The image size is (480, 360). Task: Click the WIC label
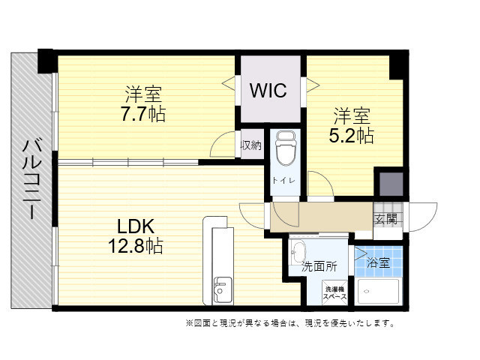[x=268, y=90]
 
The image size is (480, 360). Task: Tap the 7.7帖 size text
[x=143, y=114]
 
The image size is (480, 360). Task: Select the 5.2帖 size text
[x=352, y=136]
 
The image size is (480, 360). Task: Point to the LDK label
[x=136, y=226]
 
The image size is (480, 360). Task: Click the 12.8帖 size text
[x=136, y=246]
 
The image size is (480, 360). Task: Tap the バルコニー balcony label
[x=31, y=178]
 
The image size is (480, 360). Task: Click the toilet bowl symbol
[x=286, y=148]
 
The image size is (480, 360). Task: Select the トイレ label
[x=283, y=180]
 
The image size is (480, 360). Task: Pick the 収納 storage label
[x=252, y=145]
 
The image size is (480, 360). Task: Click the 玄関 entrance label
[x=386, y=219]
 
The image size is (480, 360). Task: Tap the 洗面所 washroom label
[x=319, y=267]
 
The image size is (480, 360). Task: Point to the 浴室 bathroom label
[x=378, y=262]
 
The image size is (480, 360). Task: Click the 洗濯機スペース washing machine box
[x=335, y=292]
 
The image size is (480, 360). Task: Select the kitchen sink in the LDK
[x=223, y=290]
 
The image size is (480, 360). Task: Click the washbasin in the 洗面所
[x=298, y=252]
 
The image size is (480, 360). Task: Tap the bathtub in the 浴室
[x=378, y=292]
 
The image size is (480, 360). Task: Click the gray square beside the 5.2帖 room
[x=391, y=184]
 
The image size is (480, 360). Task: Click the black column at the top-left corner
[x=45, y=61]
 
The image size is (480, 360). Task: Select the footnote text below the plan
[x=290, y=323]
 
